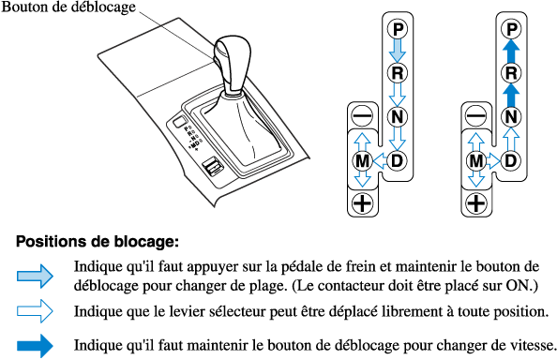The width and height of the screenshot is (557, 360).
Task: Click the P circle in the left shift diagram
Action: (398, 29)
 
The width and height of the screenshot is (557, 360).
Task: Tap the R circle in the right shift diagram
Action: (511, 73)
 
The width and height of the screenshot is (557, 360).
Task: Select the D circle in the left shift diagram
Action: (398, 161)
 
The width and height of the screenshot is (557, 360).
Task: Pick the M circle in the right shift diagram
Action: (476, 161)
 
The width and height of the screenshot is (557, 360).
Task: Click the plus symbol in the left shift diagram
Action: (362, 203)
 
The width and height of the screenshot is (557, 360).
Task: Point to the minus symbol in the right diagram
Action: (476, 116)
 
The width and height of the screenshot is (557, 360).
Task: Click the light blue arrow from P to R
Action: (398, 51)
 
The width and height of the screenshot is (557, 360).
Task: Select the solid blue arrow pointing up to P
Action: (511, 51)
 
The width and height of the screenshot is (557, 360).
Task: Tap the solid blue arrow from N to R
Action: (511, 95)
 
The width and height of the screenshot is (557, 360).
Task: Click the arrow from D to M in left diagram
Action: (381, 161)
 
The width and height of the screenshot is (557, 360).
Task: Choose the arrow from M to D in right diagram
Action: (493, 161)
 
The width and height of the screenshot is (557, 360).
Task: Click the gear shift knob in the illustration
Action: (232, 65)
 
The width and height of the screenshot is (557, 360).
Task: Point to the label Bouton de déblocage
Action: (68, 7)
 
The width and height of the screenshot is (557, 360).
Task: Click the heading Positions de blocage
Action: (98, 242)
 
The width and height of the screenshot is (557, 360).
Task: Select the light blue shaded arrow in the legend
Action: (35, 276)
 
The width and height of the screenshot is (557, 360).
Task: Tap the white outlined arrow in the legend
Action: (35, 311)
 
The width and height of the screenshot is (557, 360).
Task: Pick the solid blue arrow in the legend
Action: (35, 345)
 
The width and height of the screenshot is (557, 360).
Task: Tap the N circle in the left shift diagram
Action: (398, 117)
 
